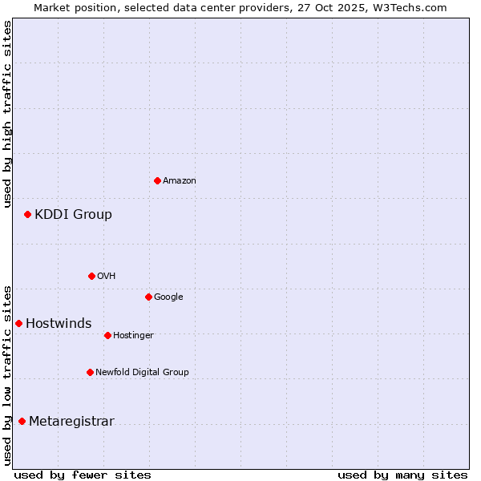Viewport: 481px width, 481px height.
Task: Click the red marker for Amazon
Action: pos(157,180)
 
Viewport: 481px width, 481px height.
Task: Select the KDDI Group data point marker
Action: pos(27,214)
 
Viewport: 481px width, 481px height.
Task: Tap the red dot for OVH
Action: pos(91,276)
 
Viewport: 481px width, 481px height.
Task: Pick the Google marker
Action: pos(148,297)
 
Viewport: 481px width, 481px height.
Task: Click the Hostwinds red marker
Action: pos(18,323)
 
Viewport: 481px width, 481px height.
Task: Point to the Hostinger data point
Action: pos(107,335)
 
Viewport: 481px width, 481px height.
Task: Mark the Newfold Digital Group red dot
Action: pos(90,372)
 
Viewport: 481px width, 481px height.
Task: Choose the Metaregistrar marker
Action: pos(22,421)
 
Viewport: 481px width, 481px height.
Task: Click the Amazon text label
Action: pos(180,181)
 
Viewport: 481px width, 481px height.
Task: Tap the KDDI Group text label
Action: pos(73,214)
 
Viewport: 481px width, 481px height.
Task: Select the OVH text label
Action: pos(107,277)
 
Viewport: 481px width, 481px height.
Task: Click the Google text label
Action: pos(168,297)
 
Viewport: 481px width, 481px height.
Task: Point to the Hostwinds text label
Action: pos(59,323)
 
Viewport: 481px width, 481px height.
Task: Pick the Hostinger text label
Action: pos(133,335)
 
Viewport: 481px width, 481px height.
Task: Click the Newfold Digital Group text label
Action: pos(142,372)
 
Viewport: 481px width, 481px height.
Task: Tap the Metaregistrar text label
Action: pos(71,422)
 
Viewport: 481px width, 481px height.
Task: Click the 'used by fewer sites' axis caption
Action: pos(83,475)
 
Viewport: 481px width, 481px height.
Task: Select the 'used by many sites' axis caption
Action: pos(402,475)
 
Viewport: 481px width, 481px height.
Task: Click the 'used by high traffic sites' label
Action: pos(7,115)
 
